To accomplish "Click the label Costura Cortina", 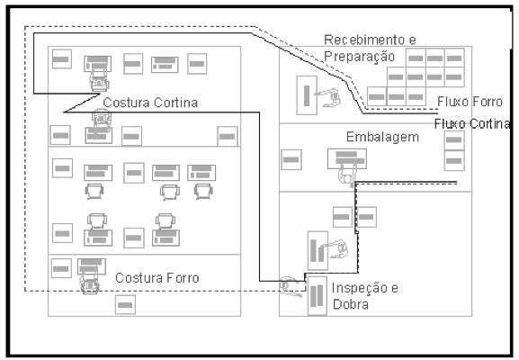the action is tap(150, 103).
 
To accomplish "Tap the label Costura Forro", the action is tap(157, 278).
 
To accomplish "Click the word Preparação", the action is tap(360, 57).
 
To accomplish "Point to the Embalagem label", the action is tap(382, 137).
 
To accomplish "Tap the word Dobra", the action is tap(351, 304).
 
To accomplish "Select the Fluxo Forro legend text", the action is tap(470, 102).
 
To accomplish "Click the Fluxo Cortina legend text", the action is tap(472, 123).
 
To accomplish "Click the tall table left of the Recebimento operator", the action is tap(307, 95).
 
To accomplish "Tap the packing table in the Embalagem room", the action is tap(347, 158).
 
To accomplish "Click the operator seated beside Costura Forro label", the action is tap(90, 283).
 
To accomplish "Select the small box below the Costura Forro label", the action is tap(125, 305).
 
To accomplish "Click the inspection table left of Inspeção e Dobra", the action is tap(318, 296).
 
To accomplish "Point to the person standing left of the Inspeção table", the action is tap(290, 286).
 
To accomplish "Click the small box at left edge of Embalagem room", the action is tap(291, 159).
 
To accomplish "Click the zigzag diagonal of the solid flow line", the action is tap(82, 103).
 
